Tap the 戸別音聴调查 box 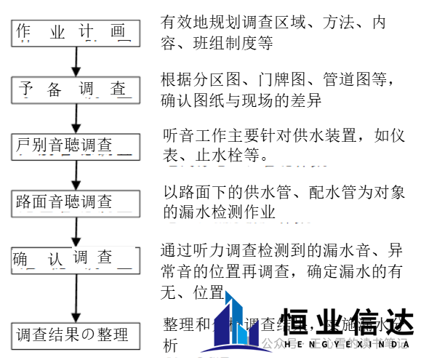coord(73,145)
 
